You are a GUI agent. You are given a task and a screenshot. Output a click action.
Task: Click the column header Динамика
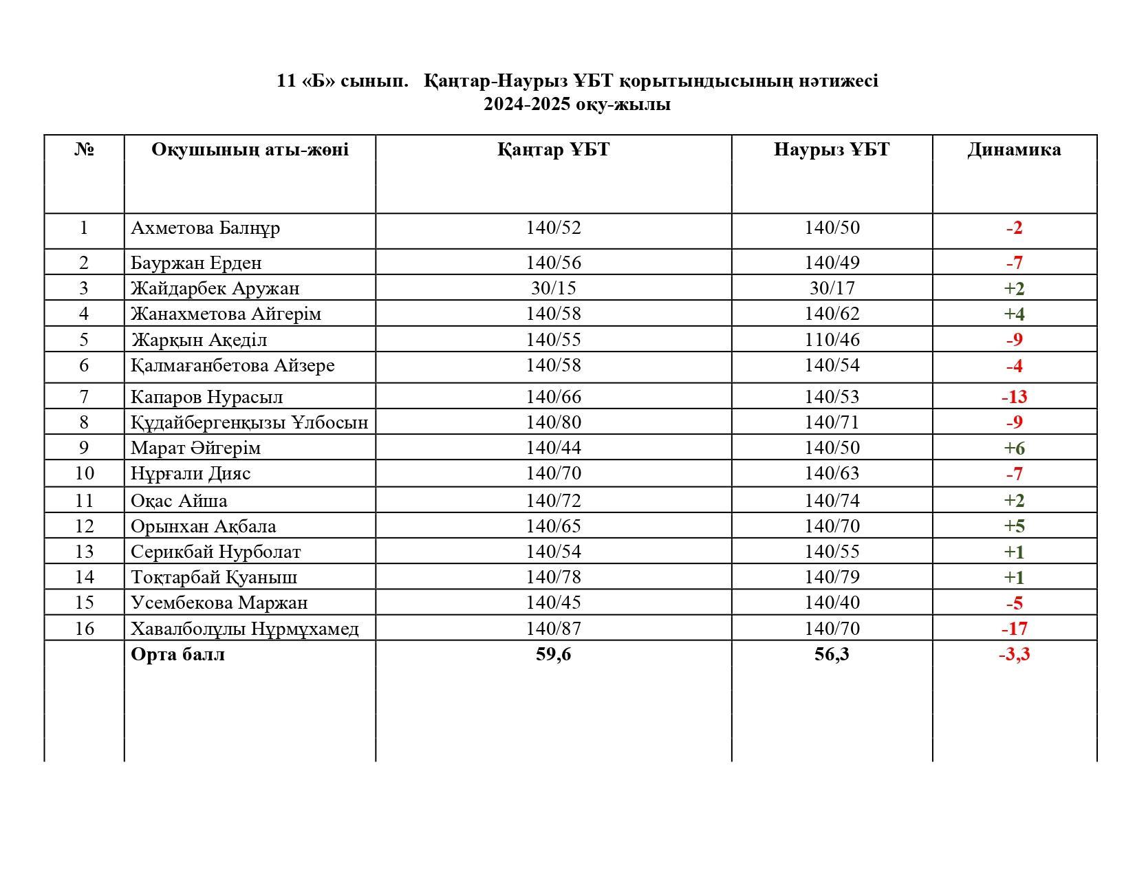[1014, 150]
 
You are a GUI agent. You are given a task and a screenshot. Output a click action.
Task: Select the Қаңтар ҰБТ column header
[553, 150]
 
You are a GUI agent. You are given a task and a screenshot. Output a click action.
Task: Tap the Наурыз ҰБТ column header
[831, 150]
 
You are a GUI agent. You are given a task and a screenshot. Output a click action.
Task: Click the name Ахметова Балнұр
[205, 228]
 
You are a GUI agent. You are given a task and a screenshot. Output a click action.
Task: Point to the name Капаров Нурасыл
[206, 397]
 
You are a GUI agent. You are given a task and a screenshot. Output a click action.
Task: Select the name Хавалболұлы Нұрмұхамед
[244, 629]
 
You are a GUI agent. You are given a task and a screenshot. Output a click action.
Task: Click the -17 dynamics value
[1014, 629]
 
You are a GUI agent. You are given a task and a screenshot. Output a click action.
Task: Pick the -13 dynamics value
[1014, 397]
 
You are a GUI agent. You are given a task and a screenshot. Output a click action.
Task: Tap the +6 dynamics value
[1014, 448]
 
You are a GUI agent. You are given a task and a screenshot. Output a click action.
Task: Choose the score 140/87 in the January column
[553, 629]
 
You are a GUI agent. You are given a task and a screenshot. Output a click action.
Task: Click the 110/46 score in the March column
[832, 340]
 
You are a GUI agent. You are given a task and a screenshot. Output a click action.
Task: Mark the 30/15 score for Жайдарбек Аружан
[553, 288]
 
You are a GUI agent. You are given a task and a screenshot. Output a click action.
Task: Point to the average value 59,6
[553, 654]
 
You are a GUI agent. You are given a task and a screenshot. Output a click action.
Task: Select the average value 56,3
[832, 654]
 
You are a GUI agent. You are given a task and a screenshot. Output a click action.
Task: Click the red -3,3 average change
[1014, 654]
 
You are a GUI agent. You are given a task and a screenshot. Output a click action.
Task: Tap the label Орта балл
[177, 654]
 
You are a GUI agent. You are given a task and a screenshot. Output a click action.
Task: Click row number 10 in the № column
[84, 473]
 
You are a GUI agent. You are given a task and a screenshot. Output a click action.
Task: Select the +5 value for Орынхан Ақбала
[1014, 526]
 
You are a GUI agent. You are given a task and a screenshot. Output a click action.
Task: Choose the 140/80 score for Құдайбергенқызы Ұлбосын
[553, 422]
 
